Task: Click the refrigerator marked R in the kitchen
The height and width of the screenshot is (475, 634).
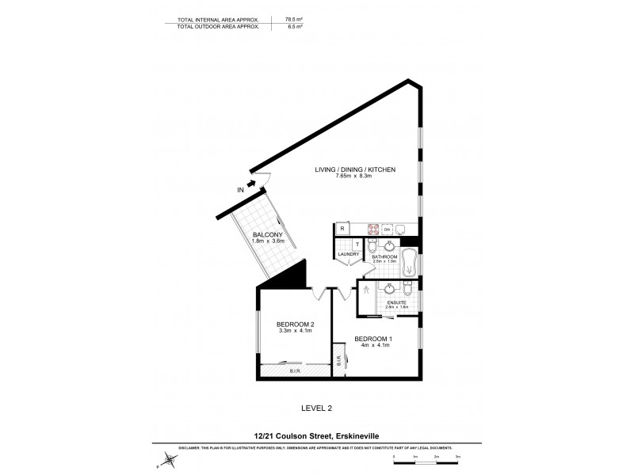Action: [342, 229]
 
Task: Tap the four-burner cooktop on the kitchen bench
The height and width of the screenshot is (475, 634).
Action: [371, 229]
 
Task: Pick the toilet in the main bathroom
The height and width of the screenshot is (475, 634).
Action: [372, 250]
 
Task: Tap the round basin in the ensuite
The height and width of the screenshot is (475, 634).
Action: [389, 289]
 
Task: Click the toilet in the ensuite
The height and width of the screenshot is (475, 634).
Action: [409, 290]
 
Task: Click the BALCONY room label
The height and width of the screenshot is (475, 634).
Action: [267, 235]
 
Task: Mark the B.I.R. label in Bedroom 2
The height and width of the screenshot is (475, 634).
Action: [294, 370]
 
